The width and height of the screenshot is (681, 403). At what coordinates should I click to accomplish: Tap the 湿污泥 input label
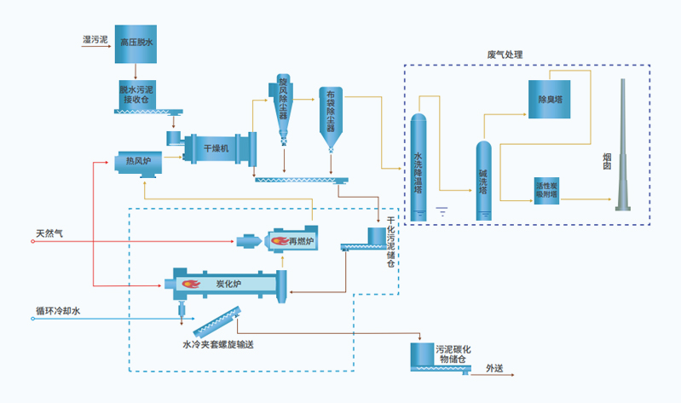[95, 39]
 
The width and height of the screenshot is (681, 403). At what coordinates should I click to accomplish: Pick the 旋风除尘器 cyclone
[283, 107]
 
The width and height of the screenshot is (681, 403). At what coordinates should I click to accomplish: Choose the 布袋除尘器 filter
[332, 119]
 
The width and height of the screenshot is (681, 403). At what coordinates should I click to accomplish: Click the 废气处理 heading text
[505, 55]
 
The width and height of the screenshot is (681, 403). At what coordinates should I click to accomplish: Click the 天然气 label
[50, 232]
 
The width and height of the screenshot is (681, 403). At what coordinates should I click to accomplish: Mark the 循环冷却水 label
[57, 312]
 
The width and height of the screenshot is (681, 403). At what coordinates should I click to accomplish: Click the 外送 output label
[495, 368]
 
